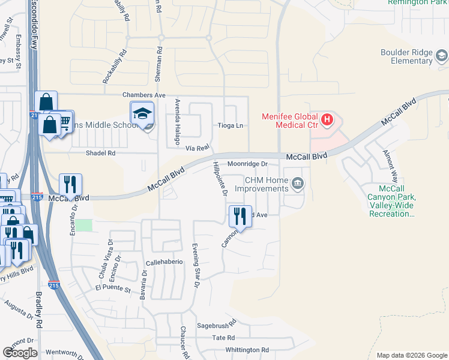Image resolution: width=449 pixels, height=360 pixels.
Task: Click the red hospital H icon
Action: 327,120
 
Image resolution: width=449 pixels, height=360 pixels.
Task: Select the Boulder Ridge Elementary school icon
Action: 442,56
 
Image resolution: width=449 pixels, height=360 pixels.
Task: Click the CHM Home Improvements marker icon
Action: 298,185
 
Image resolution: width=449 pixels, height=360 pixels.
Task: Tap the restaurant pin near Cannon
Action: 240,216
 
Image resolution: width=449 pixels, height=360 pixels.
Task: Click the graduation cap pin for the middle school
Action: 142,113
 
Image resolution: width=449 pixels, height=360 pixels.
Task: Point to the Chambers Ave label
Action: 143,95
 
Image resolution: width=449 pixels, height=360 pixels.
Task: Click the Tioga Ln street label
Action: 231,125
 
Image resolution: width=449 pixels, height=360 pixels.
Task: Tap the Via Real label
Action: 197,147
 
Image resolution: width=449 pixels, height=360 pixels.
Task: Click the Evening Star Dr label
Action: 195,264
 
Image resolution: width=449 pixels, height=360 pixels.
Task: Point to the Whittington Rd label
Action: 247,350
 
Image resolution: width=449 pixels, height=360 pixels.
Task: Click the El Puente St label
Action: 113,289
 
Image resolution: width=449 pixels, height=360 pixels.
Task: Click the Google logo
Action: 20,353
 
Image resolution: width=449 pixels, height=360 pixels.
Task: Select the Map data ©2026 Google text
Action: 411,355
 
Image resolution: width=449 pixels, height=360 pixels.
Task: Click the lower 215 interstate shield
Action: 53,286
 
